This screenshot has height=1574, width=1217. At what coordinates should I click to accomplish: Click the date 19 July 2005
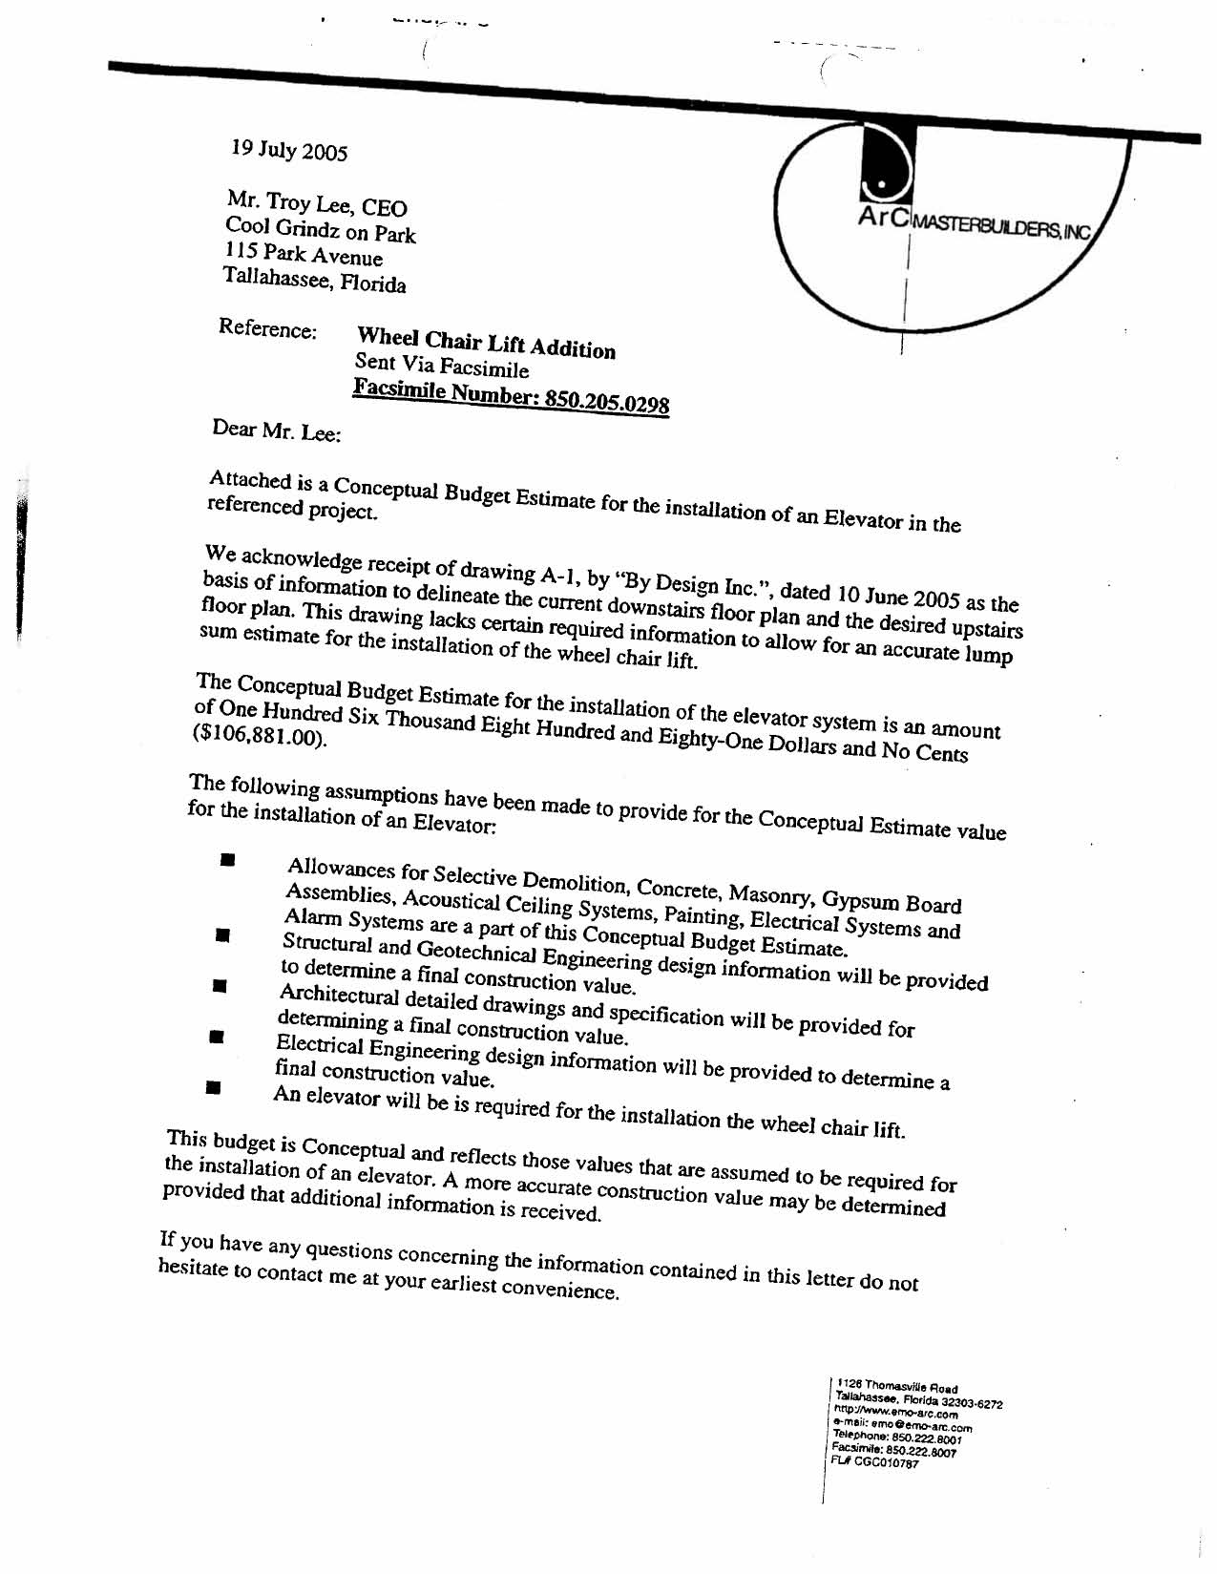tap(289, 151)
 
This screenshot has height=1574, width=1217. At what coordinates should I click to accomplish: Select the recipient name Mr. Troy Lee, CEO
tap(317, 203)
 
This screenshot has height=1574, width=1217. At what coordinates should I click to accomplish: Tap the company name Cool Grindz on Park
tap(321, 230)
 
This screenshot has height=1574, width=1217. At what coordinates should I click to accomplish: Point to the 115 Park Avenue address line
tap(304, 255)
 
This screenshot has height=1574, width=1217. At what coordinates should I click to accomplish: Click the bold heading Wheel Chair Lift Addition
tap(486, 343)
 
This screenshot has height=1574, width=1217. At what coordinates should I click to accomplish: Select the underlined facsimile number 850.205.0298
tap(606, 400)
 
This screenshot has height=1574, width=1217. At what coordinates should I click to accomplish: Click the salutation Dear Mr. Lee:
tap(276, 430)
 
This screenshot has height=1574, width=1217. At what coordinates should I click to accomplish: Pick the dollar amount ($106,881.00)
tap(260, 737)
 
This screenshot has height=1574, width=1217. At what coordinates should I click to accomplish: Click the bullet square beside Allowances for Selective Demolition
tap(227, 859)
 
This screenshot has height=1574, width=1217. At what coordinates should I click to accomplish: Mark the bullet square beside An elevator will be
tap(213, 1086)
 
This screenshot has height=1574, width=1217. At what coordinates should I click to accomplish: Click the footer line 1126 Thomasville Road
tap(897, 1386)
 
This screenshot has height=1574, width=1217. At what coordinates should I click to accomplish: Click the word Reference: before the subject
tap(267, 328)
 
